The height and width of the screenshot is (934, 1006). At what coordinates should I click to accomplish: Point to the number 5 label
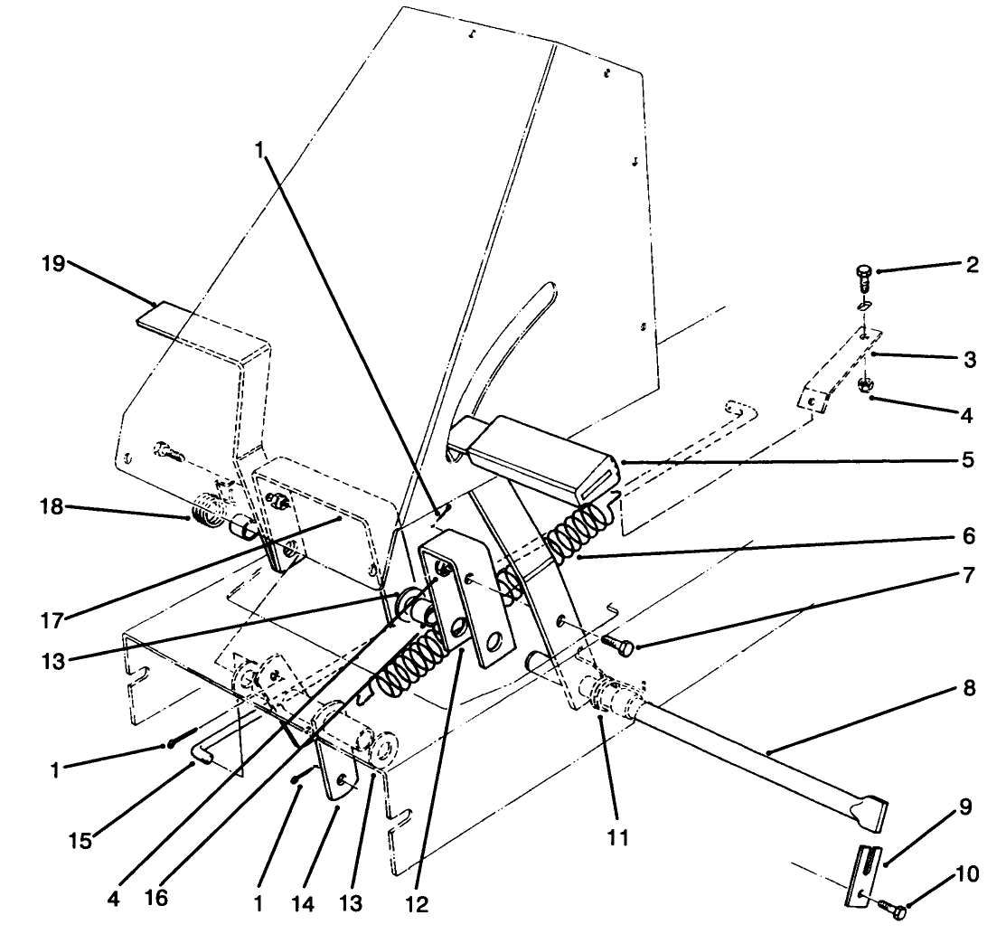coord(968,460)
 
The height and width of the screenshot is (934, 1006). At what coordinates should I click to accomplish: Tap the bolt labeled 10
coord(888,903)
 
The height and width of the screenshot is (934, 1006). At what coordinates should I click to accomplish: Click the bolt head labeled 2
coord(863,270)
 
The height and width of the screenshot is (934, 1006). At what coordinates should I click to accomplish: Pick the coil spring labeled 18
coord(210,513)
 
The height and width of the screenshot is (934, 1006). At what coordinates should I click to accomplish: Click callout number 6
coord(968,537)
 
